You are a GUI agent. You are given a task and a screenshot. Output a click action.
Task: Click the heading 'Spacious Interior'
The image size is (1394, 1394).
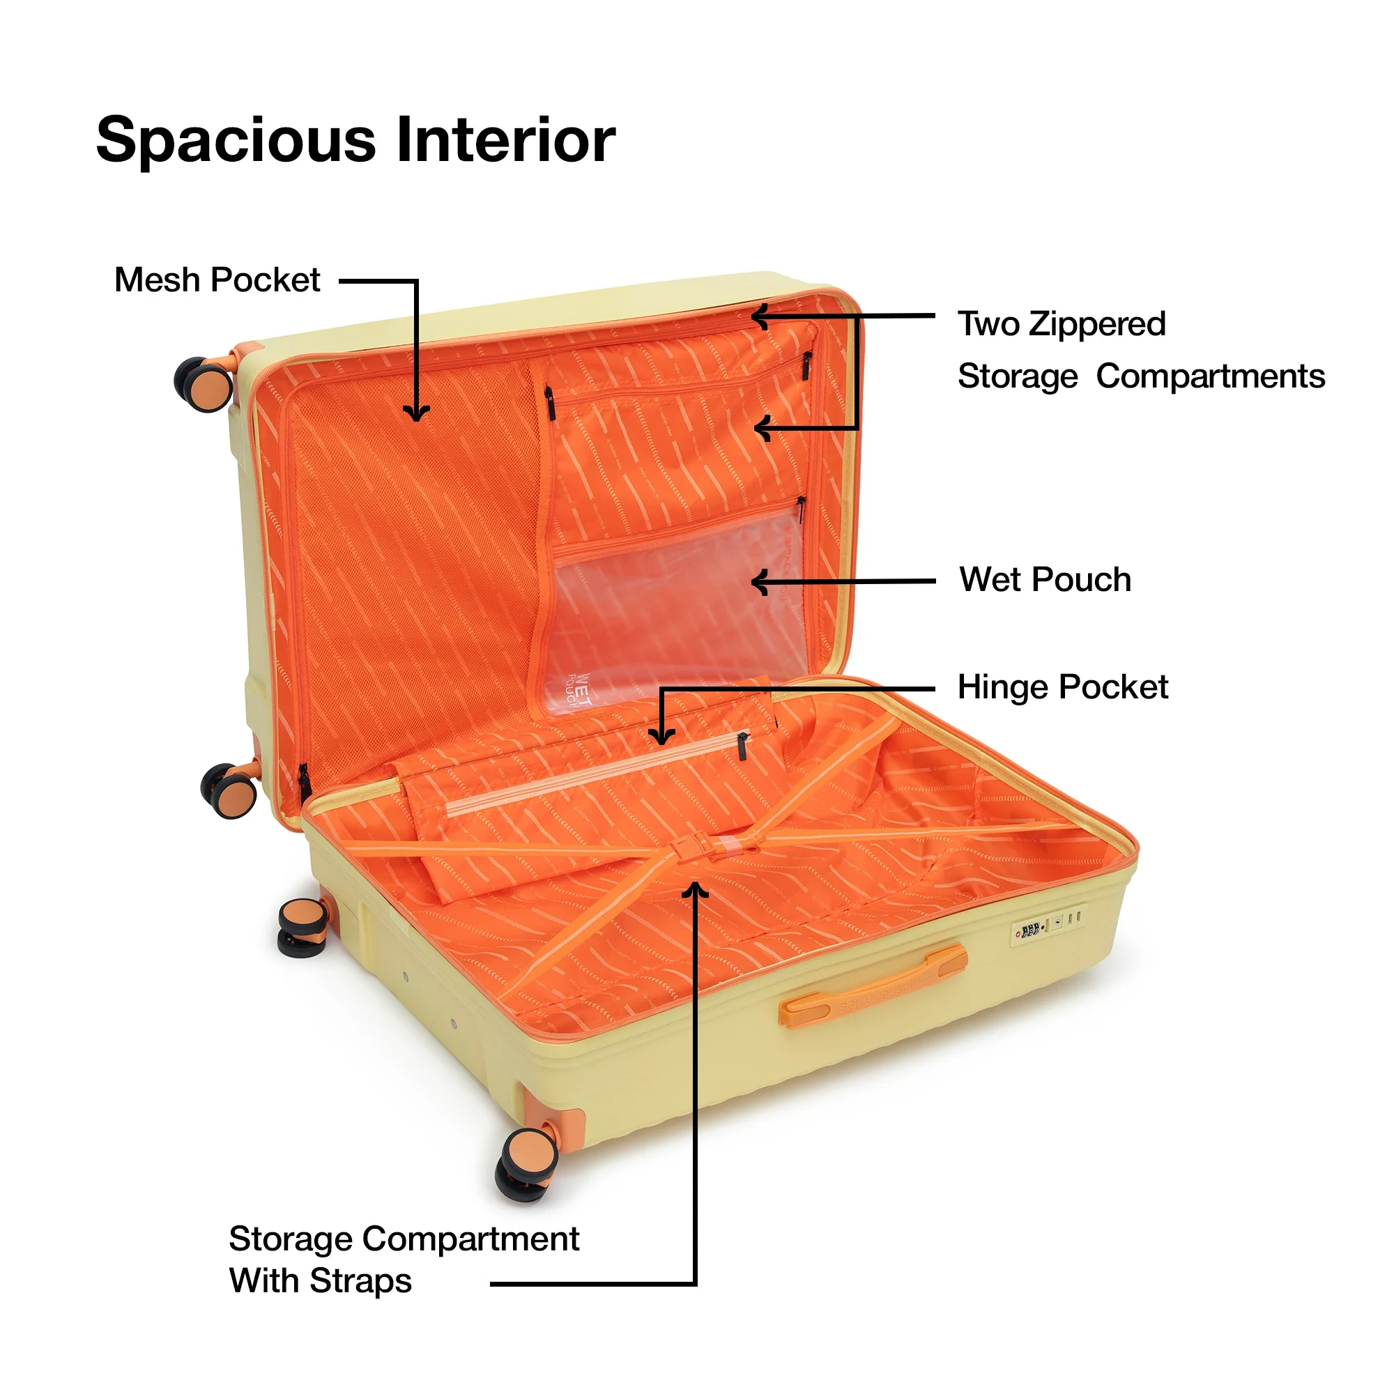point(355,140)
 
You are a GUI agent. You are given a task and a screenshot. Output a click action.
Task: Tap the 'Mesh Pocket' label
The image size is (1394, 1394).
point(217,280)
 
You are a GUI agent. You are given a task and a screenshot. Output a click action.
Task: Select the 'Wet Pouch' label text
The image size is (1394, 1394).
point(1045,579)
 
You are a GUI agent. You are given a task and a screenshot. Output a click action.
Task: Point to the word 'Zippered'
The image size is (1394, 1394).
point(1098,324)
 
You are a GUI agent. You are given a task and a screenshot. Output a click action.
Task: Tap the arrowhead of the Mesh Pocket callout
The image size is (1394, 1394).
point(416,413)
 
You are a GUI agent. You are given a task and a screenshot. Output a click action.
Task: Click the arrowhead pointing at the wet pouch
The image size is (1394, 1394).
point(758,581)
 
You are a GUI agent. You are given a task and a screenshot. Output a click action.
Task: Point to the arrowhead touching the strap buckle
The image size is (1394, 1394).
point(696,889)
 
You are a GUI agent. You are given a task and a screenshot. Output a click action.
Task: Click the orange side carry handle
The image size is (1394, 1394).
point(873,984)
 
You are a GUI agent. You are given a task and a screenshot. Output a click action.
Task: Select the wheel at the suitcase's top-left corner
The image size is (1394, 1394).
point(204,382)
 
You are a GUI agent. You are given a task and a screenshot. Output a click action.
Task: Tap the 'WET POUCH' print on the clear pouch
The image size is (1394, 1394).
point(579,689)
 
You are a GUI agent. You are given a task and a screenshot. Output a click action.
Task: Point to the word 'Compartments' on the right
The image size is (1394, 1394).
point(1210,376)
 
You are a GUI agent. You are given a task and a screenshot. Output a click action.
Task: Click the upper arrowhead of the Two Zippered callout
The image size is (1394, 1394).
point(760,316)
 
